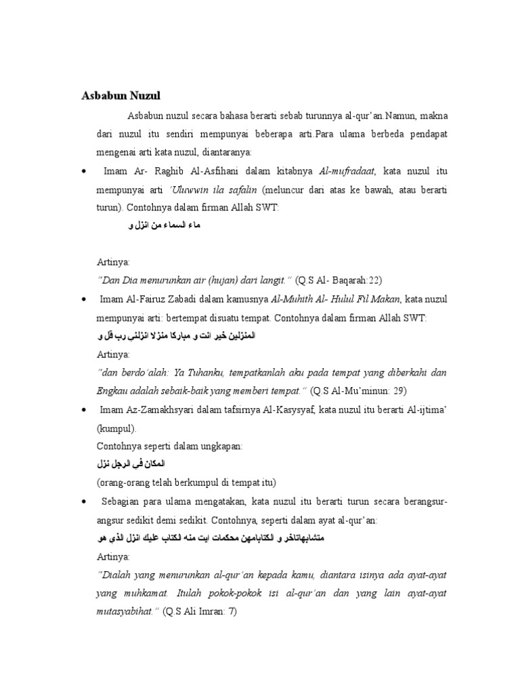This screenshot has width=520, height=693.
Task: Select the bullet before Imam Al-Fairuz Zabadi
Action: pyautogui.click(x=83, y=299)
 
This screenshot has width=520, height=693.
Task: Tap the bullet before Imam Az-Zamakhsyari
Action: pyautogui.click(x=83, y=410)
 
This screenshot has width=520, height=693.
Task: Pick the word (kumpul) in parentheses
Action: pyautogui.click(x=116, y=428)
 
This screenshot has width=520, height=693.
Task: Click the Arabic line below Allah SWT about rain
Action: pyautogui.click(x=163, y=225)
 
